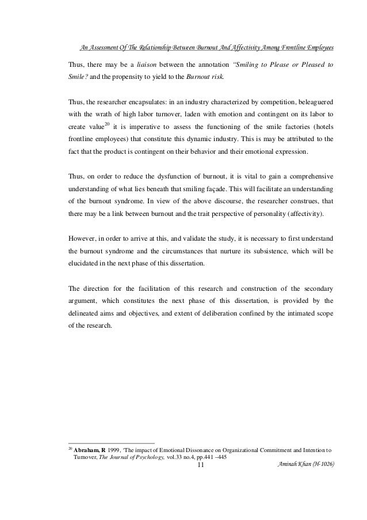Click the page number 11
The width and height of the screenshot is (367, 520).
(200, 464)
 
